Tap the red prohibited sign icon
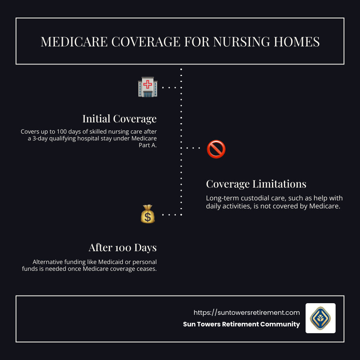[x=216, y=149]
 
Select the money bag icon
[x=148, y=214]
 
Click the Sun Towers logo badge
[x=320, y=318]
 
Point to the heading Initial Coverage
[x=119, y=119]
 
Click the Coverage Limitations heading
[x=256, y=184]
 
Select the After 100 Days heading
[x=122, y=248]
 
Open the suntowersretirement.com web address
[x=246, y=312]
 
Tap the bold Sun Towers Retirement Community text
[x=241, y=324]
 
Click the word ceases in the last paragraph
[x=146, y=269]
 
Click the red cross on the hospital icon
[x=148, y=84]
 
